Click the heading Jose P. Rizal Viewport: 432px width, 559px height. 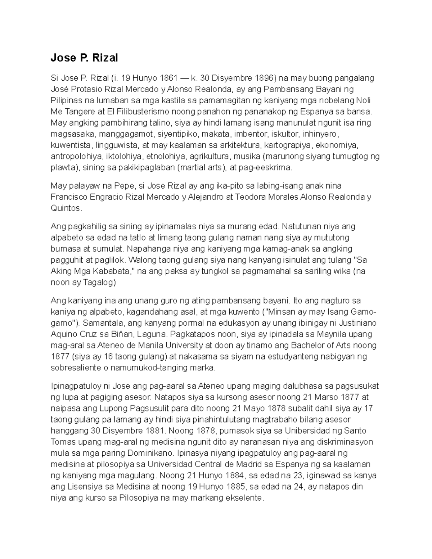coord(84,58)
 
